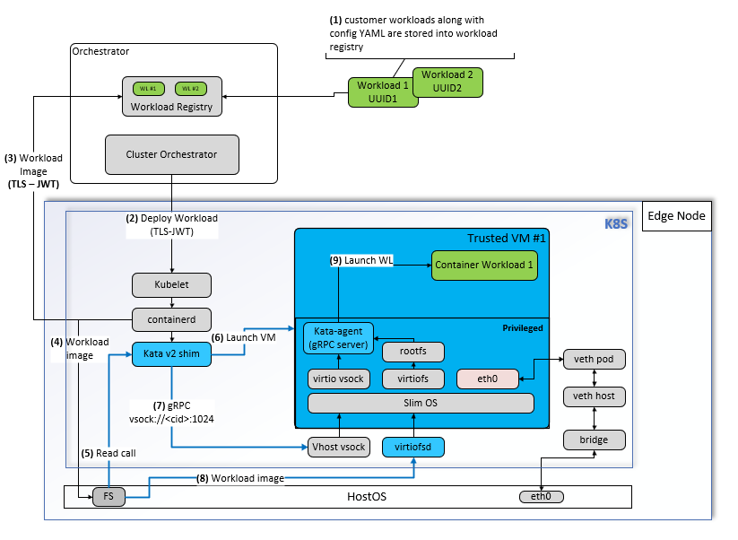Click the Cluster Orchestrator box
(172, 154)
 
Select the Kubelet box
(171, 285)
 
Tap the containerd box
(171, 319)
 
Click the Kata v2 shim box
(171, 354)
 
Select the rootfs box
(413, 352)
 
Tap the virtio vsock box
(337, 379)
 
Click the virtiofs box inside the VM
(413, 379)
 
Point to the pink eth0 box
(488, 379)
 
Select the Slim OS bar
(420, 403)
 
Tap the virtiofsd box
(413, 446)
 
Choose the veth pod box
(593, 359)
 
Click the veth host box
(593, 396)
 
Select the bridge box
(593, 440)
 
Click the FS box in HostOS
(109, 496)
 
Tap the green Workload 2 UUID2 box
(447, 81)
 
